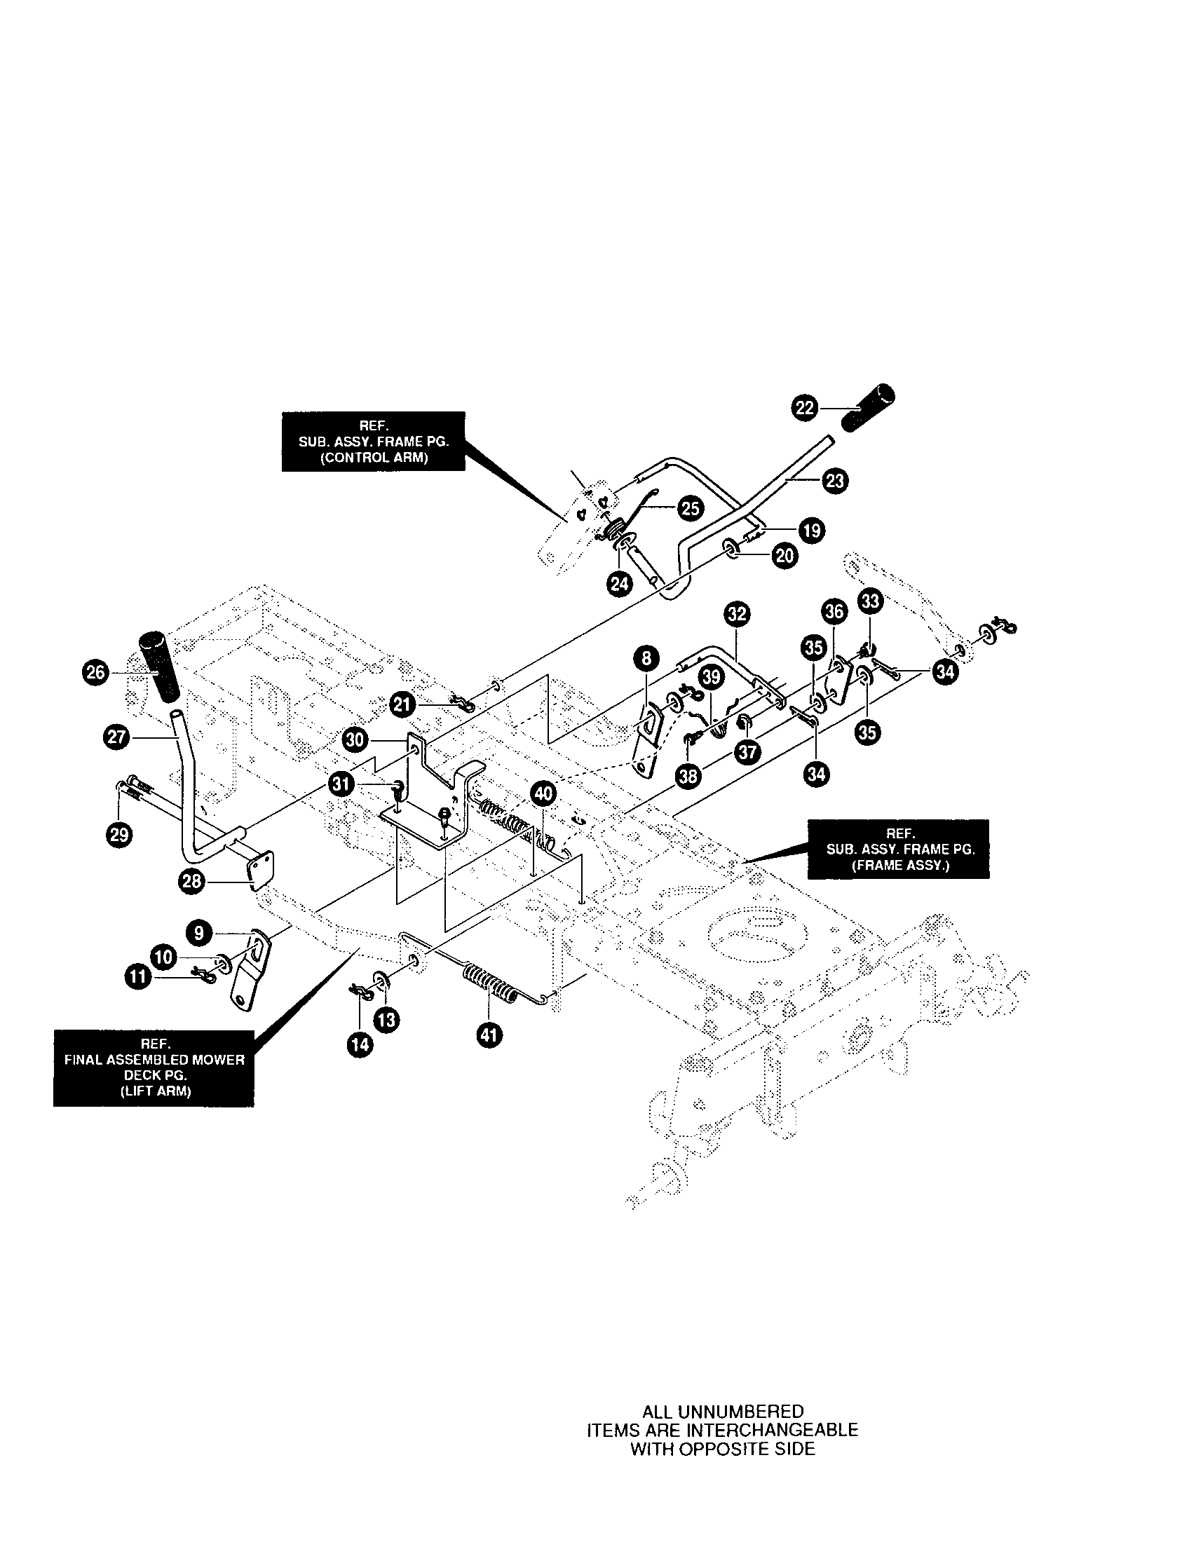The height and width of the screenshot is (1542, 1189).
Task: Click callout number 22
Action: click(804, 408)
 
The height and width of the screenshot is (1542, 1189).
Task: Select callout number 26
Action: click(95, 672)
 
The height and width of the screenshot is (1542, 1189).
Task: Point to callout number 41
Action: click(489, 1035)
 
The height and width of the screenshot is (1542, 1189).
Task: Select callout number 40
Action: click(542, 793)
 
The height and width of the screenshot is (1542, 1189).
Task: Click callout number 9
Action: click(199, 933)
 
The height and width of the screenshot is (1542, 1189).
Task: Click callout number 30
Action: click(355, 740)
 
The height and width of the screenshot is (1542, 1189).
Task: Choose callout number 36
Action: click(834, 610)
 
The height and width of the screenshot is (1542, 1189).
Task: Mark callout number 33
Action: click(870, 601)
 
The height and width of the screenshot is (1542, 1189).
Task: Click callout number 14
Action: click(360, 1044)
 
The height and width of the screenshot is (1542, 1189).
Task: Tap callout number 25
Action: click(690, 508)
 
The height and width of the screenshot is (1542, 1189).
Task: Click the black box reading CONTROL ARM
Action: click(374, 442)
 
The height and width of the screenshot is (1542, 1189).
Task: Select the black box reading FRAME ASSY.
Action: click(898, 849)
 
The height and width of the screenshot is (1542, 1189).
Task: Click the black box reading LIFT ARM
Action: click(154, 1067)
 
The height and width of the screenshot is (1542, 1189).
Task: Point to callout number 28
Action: click(193, 881)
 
